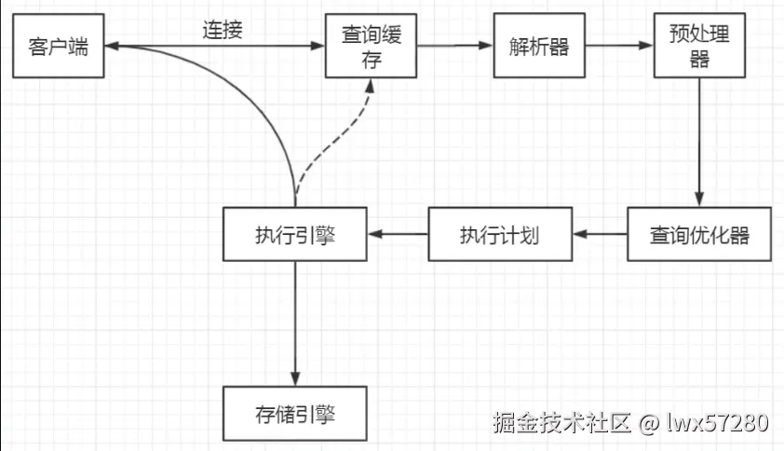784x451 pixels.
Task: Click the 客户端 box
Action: [58, 46]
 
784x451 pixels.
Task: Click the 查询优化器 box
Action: [699, 234]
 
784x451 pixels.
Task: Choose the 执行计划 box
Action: [500, 234]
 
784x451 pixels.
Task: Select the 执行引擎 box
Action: [294, 234]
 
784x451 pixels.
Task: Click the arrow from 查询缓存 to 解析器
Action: [454, 46]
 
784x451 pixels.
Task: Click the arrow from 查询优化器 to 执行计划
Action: [599, 234]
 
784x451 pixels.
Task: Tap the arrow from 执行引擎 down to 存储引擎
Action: [294, 321]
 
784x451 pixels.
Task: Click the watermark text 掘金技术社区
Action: [561, 422]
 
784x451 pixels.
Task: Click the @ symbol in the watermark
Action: [648, 423]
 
